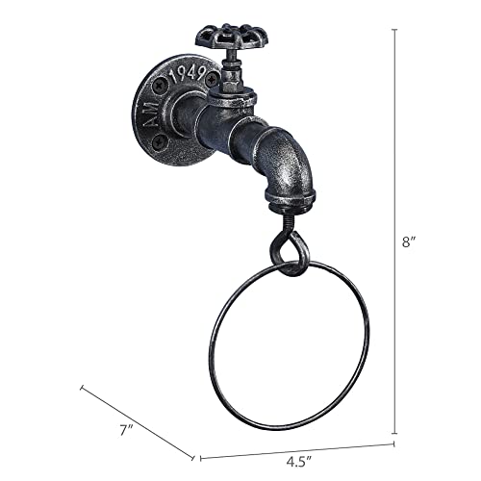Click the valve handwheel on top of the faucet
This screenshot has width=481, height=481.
click(x=231, y=38)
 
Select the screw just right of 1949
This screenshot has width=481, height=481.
click(x=211, y=79)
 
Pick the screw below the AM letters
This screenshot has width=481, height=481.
click(x=160, y=141)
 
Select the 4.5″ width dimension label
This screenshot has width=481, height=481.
click(x=299, y=462)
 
